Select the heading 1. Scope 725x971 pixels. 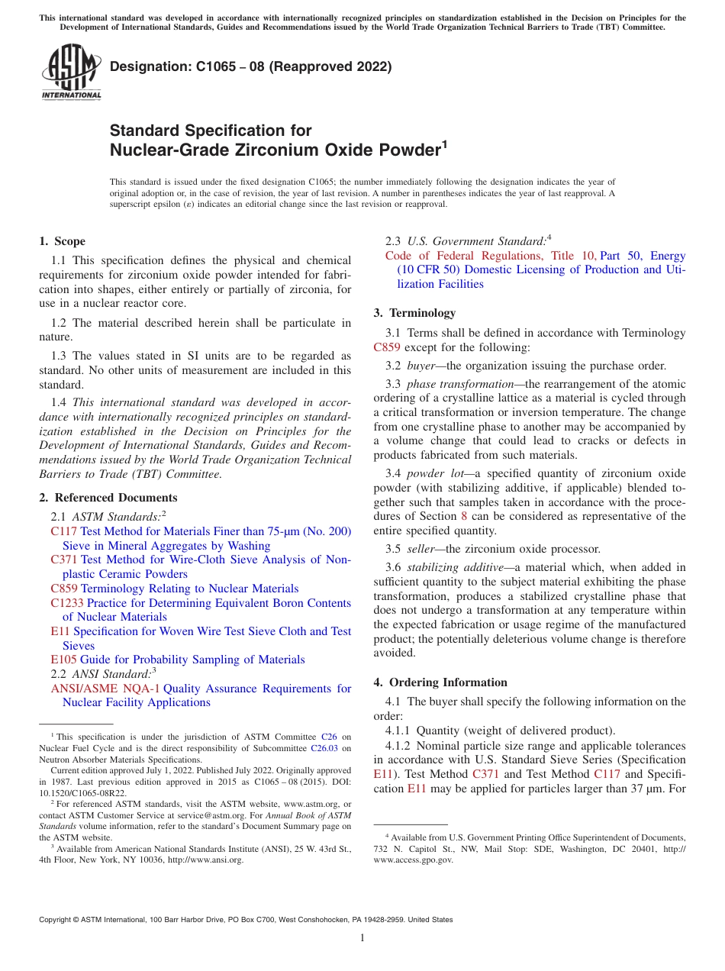pyautogui.click(x=62, y=241)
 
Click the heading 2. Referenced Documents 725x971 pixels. pyautogui.click(x=108, y=498)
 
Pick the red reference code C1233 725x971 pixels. pyautogui.click(x=67, y=603)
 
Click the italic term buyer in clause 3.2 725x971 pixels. pyautogui.click(x=420, y=365)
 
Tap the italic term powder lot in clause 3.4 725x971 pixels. pyautogui.click(x=436, y=474)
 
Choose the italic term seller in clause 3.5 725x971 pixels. pyautogui.click(x=421, y=549)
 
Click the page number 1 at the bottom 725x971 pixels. pyautogui.click(x=362, y=938)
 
